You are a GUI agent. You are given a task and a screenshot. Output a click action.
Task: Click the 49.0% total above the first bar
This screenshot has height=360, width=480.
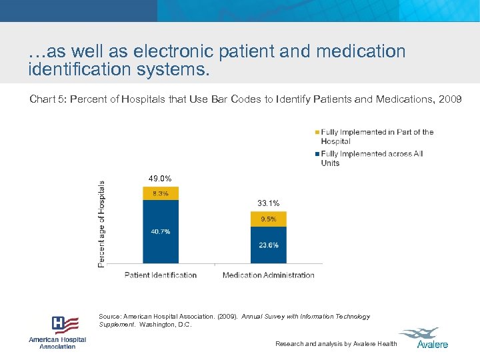160,178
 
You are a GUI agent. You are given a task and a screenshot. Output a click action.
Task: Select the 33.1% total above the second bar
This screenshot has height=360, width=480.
268,203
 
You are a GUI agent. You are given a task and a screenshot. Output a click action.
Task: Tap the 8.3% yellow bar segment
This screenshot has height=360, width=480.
160,193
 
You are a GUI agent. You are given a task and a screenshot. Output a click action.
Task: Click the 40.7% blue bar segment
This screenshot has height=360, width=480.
160,231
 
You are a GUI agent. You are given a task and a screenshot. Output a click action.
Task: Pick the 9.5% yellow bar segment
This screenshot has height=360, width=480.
268,219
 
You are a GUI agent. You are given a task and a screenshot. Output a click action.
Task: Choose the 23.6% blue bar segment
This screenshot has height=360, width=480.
268,245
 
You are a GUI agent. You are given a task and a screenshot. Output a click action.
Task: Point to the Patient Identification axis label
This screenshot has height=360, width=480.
161,275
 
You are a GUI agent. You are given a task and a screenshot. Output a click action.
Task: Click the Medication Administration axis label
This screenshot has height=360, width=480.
268,275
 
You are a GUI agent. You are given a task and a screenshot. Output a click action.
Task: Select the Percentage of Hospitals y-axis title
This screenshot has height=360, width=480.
101,224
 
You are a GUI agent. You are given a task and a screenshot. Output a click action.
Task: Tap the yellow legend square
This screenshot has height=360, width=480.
317,132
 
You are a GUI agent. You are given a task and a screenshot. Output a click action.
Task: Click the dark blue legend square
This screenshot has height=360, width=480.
317,154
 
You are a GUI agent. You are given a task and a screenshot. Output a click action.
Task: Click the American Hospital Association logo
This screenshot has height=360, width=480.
57,332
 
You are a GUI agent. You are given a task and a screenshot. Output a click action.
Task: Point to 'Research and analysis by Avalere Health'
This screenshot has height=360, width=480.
336,344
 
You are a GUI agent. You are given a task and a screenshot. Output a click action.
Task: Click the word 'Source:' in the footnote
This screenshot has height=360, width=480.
110,317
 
